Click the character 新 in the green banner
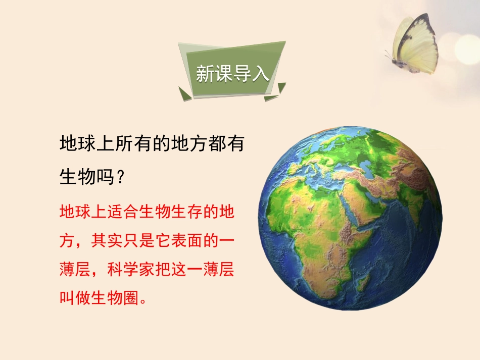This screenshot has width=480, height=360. [x=205, y=74]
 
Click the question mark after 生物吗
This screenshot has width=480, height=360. [x=120, y=176]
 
